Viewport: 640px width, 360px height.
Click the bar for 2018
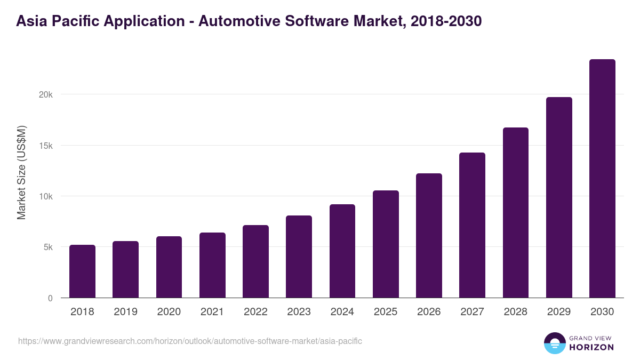coord(82,271)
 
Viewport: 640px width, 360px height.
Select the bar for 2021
coord(212,265)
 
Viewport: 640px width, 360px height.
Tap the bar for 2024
coord(342,251)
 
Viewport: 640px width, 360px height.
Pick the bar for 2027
coord(472,225)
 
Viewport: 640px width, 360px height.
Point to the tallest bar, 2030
coord(602,179)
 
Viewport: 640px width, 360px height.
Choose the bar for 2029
coord(559,197)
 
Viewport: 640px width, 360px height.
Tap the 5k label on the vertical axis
coord(48,247)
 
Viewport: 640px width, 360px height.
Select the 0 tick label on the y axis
coord(50,298)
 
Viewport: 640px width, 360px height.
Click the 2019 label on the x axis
coord(125,312)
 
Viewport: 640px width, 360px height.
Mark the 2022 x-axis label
coord(255,312)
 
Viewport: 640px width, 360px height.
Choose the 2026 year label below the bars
coord(429,312)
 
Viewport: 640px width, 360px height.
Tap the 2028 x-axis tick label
coord(516,312)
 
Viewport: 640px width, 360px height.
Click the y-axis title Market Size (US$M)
coord(22,172)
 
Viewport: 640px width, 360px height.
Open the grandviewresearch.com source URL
coord(190,341)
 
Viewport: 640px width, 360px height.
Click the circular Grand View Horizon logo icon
coord(555,343)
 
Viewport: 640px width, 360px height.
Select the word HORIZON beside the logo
coord(591,347)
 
